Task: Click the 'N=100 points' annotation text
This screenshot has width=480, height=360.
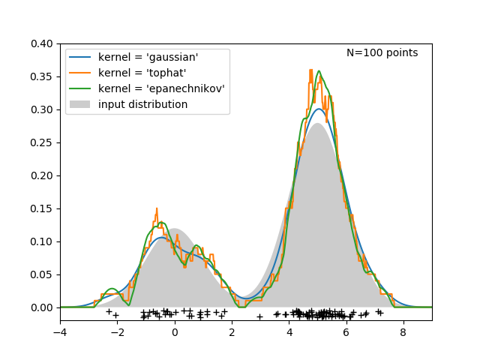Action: point(382,53)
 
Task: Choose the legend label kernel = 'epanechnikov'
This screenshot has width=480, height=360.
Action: point(161,88)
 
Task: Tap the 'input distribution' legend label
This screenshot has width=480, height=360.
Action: point(142,104)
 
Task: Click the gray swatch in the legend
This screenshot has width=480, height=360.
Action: point(79,104)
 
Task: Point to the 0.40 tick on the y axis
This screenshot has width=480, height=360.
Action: point(41,44)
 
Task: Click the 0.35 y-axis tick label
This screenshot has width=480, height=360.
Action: point(41,77)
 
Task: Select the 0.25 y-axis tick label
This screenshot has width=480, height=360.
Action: point(41,142)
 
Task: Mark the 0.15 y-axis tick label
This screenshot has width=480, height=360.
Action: point(41,208)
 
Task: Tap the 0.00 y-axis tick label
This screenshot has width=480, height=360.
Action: point(41,307)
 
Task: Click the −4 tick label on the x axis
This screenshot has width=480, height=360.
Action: point(60,331)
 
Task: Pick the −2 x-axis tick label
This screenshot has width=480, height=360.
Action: point(117,331)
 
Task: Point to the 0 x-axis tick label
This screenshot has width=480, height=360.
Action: point(175,331)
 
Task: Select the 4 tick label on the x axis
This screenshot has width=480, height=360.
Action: point(289,331)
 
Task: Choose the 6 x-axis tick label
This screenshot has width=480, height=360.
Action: point(346,331)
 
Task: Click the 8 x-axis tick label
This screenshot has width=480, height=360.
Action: point(403,331)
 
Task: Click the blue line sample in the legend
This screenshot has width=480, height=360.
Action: point(79,57)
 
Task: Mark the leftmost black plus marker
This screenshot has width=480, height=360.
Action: point(109,311)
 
